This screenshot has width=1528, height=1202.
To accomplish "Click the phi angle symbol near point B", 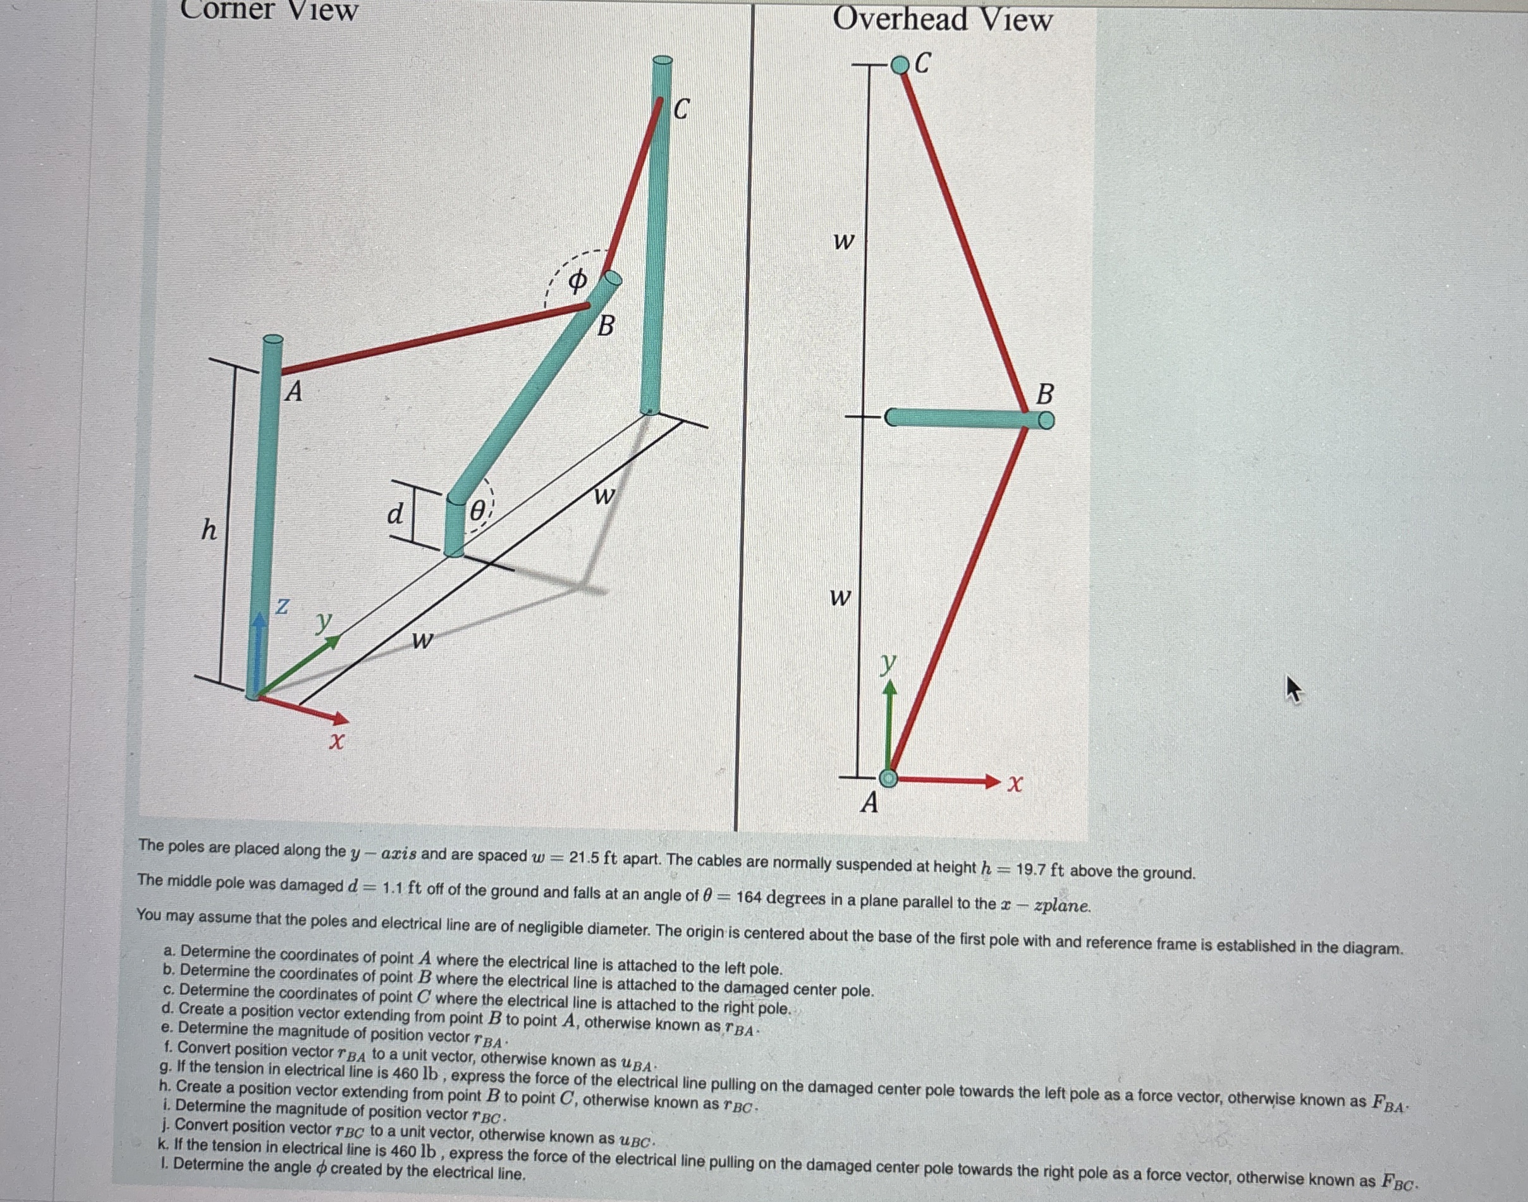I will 576,282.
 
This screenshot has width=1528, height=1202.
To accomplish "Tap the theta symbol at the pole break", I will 478,512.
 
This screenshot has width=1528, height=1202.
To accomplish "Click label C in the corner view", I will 681,110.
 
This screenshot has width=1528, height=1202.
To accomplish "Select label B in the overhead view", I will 1045,394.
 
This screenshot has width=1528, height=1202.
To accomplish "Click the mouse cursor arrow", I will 1293,687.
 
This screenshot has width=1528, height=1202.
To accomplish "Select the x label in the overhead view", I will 1014,782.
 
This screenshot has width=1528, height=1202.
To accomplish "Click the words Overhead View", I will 942,20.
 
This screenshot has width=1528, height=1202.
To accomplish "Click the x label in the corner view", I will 338,741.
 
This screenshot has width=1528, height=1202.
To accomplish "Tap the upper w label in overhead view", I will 843,242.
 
